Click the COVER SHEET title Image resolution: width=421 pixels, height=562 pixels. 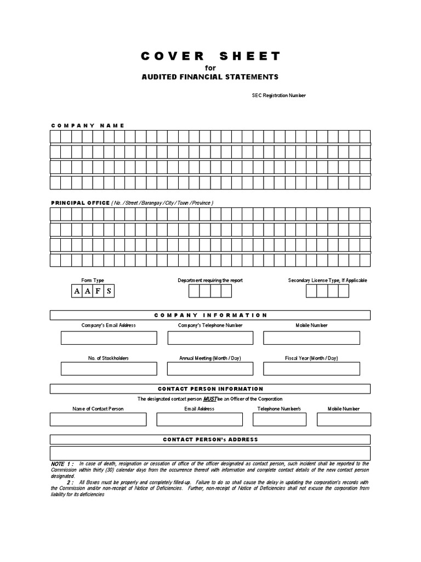pos(210,56)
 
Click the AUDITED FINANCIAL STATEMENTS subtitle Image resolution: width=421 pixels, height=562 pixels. pos(210,77)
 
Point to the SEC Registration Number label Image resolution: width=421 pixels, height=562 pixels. pos(278,95)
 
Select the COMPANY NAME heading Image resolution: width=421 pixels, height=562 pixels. pos(88,126)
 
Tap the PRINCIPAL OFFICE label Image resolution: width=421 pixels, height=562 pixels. pos(80,203)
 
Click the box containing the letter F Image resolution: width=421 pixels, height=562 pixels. pos(98,291)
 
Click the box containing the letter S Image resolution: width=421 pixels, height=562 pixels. pos(109,291)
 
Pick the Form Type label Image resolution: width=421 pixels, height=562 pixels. pos(93,280)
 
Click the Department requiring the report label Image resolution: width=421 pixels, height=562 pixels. pos(210,280)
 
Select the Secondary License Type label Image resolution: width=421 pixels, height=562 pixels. pos(327,280)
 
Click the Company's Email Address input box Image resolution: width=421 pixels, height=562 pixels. pos(109,338)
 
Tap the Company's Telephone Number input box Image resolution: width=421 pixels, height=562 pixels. pos(210,338)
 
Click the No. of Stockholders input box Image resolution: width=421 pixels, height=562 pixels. pos(109,369)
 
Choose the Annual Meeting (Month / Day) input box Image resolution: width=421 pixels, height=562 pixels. pos(210,369)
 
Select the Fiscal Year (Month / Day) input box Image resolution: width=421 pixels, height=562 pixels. pos(311,369)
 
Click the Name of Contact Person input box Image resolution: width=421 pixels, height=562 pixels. pos(98,419)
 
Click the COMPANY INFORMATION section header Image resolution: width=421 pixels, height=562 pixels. pos(210,315)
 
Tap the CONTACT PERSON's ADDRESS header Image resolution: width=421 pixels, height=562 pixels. pos(210,440)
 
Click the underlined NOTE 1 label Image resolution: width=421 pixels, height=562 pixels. pos(62,464)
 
